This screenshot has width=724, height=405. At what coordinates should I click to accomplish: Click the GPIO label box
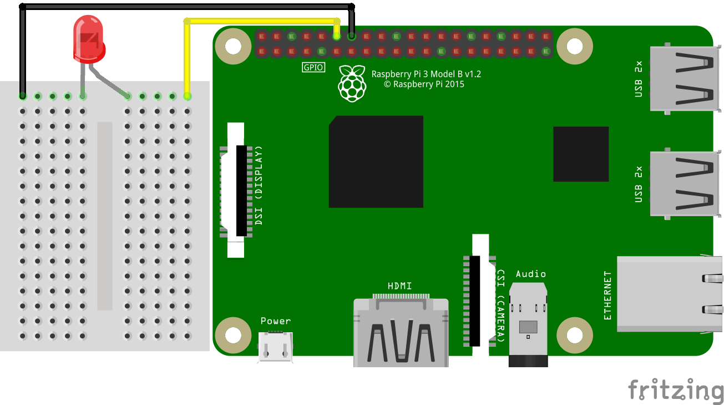click(x=313, y=68)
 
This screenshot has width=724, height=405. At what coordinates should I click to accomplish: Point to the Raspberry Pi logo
click(x=352, y=84)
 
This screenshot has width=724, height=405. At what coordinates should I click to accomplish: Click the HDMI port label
click(x=400, y=286)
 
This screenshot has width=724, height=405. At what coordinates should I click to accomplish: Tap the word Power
click(x=276, y=321)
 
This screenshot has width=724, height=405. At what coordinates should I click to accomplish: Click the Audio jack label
click(x=530, y=274)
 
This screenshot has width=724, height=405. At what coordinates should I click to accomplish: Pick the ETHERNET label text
click(x=607, y=296)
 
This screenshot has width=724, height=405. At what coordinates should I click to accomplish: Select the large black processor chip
click(x=376, y=162)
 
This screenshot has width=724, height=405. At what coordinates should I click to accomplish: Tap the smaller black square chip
click(x=580, y=154)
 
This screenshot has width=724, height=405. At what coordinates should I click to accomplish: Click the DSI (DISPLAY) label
click(x=259, y=186)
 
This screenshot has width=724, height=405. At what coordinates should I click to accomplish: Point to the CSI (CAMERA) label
click(x=500, y=306)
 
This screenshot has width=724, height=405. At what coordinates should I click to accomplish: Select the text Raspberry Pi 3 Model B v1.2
click(x=427, y=74)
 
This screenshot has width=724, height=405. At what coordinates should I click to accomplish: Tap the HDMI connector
click(x=401, y=333)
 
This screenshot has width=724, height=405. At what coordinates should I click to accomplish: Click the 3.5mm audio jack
click(x=528, y=327)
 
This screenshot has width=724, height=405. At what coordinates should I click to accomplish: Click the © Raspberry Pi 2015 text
click(x=424, y=84)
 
